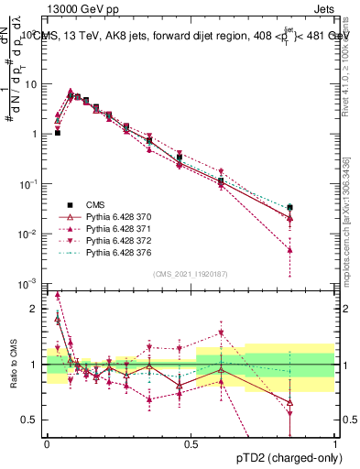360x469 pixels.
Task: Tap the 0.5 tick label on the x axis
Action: point(191,442)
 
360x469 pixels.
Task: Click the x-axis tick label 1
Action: point(335,442)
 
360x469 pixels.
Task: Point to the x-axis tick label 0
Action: point(47,442)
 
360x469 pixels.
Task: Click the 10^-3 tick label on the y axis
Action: point(30,284)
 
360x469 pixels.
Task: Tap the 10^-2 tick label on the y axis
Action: point(30,234)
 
